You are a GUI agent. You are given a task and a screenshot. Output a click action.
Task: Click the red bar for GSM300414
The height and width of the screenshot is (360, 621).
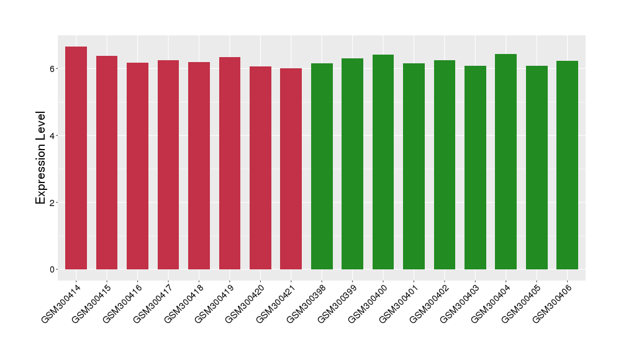(x=76, y=158)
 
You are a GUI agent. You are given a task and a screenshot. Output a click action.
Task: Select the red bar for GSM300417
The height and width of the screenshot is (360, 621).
(x=168, y=164)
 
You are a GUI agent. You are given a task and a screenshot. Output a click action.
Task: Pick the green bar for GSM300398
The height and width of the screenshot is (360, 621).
(x=322, y=166)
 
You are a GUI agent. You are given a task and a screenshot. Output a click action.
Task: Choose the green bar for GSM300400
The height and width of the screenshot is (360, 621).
(x=383, y=162)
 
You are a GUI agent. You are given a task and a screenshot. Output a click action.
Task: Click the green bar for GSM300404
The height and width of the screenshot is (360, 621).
(x=505, y=161)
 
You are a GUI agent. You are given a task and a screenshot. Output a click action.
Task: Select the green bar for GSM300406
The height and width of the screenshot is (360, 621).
(x=567, y=165)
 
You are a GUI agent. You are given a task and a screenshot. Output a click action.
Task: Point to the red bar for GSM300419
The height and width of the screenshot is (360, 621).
(x=230, y=163)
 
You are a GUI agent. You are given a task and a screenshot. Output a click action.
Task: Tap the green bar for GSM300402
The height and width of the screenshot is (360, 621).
(x=445, y=164)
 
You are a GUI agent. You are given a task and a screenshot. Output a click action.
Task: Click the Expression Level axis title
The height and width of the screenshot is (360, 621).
(x=41, y=158)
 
